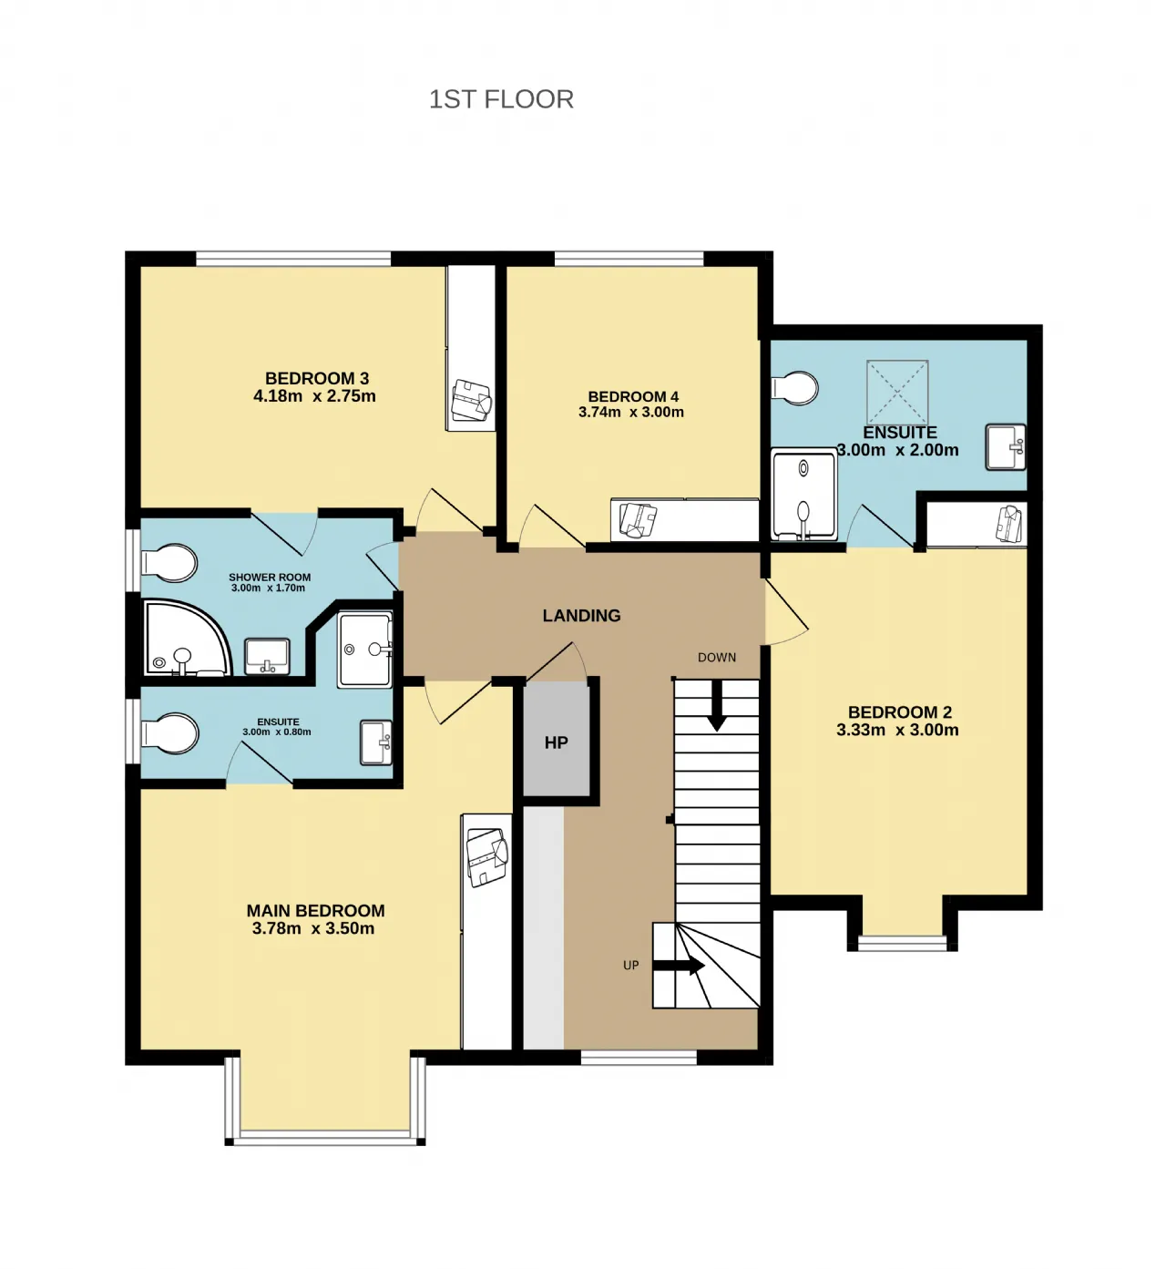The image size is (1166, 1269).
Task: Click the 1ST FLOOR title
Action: pos(501,99)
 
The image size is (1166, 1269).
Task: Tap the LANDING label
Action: pos(581,616)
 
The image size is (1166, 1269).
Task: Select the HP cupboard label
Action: pos(556,742)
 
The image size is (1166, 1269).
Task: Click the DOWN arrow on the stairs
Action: pos(716,705)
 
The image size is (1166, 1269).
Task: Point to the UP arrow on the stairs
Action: pos(679,966)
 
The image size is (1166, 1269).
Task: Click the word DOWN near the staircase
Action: pos(717,657)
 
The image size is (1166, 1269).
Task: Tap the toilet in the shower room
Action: pos(169,562)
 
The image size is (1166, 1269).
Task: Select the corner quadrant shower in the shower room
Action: pos(188,638)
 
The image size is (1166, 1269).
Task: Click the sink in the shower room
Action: pos(267,657)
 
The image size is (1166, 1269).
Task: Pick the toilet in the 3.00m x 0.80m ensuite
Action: pos(169,734)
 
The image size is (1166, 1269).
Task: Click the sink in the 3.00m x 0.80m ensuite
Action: pos(376,742)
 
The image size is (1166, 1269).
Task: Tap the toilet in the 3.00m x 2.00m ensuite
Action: pos(794,388)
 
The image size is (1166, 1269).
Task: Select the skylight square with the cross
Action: pos(897,393)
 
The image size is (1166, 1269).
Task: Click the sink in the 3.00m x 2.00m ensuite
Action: pos(1006,447)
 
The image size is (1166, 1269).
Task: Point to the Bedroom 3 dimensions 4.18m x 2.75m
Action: pos(314,396)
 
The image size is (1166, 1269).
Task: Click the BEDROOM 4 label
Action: pos(633,396)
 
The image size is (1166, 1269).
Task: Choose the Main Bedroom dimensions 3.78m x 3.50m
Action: pos(313,928)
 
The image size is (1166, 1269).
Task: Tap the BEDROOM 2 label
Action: pos(900,712)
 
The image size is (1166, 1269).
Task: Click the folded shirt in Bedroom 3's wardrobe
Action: pos(471,400)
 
